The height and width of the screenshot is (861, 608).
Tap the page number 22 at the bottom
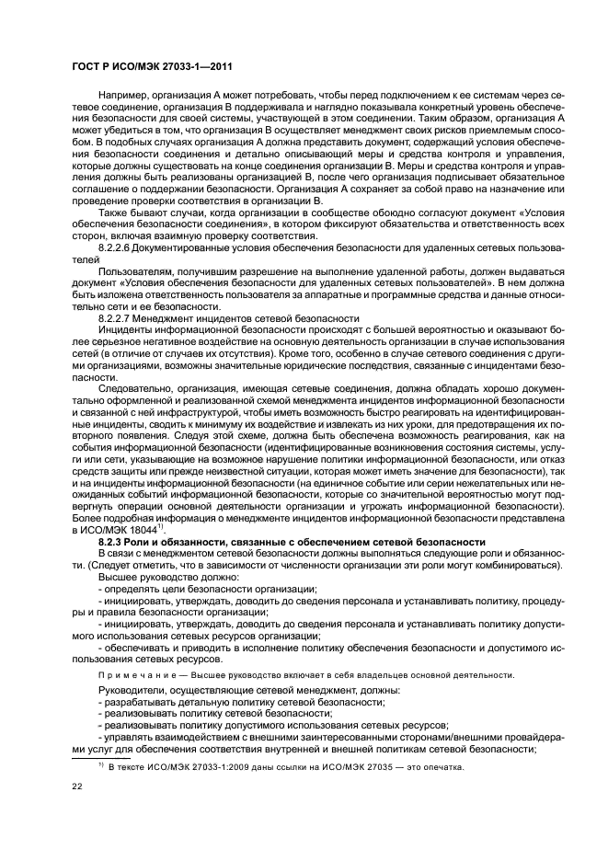tap(78, 786)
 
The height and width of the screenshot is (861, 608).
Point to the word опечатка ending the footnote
tap(443, 767)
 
